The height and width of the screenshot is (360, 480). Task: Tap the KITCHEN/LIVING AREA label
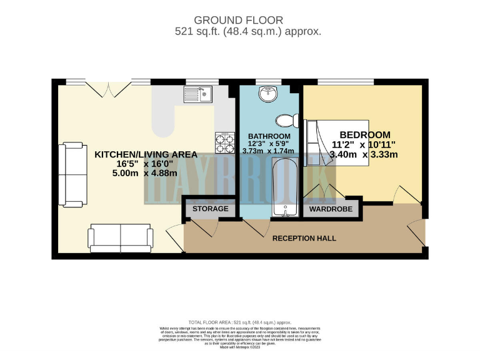click(146, 154)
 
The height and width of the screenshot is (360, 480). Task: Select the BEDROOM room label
click(364, 134)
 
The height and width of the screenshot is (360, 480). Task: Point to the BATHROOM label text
click(269, 136)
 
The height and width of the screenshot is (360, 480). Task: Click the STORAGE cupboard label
click(210, 209)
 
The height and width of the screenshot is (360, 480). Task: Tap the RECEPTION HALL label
click(304, 238)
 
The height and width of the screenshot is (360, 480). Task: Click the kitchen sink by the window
click(198, 94)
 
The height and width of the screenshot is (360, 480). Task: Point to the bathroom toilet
click(287, 120)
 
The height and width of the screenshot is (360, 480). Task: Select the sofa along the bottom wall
click(121, 236)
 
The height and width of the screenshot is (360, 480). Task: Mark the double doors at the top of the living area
click(108, 89)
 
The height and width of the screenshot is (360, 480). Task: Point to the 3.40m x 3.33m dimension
click(364, 155)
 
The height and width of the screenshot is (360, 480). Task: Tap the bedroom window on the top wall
click(346, 81)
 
